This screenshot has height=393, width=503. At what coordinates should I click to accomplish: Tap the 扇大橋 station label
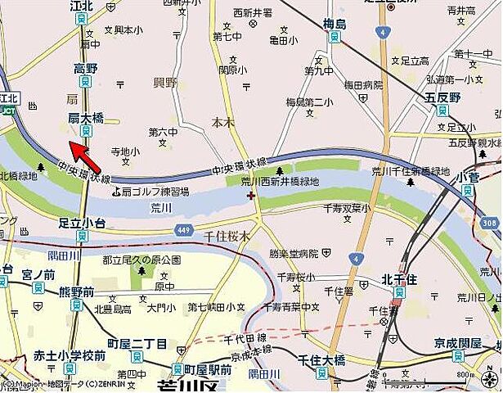84,119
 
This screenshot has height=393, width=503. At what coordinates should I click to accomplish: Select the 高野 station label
85,69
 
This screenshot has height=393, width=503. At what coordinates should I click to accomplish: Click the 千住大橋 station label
320,360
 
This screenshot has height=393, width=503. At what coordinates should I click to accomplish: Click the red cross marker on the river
250,196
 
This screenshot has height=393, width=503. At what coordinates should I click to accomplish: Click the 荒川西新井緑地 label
280,181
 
